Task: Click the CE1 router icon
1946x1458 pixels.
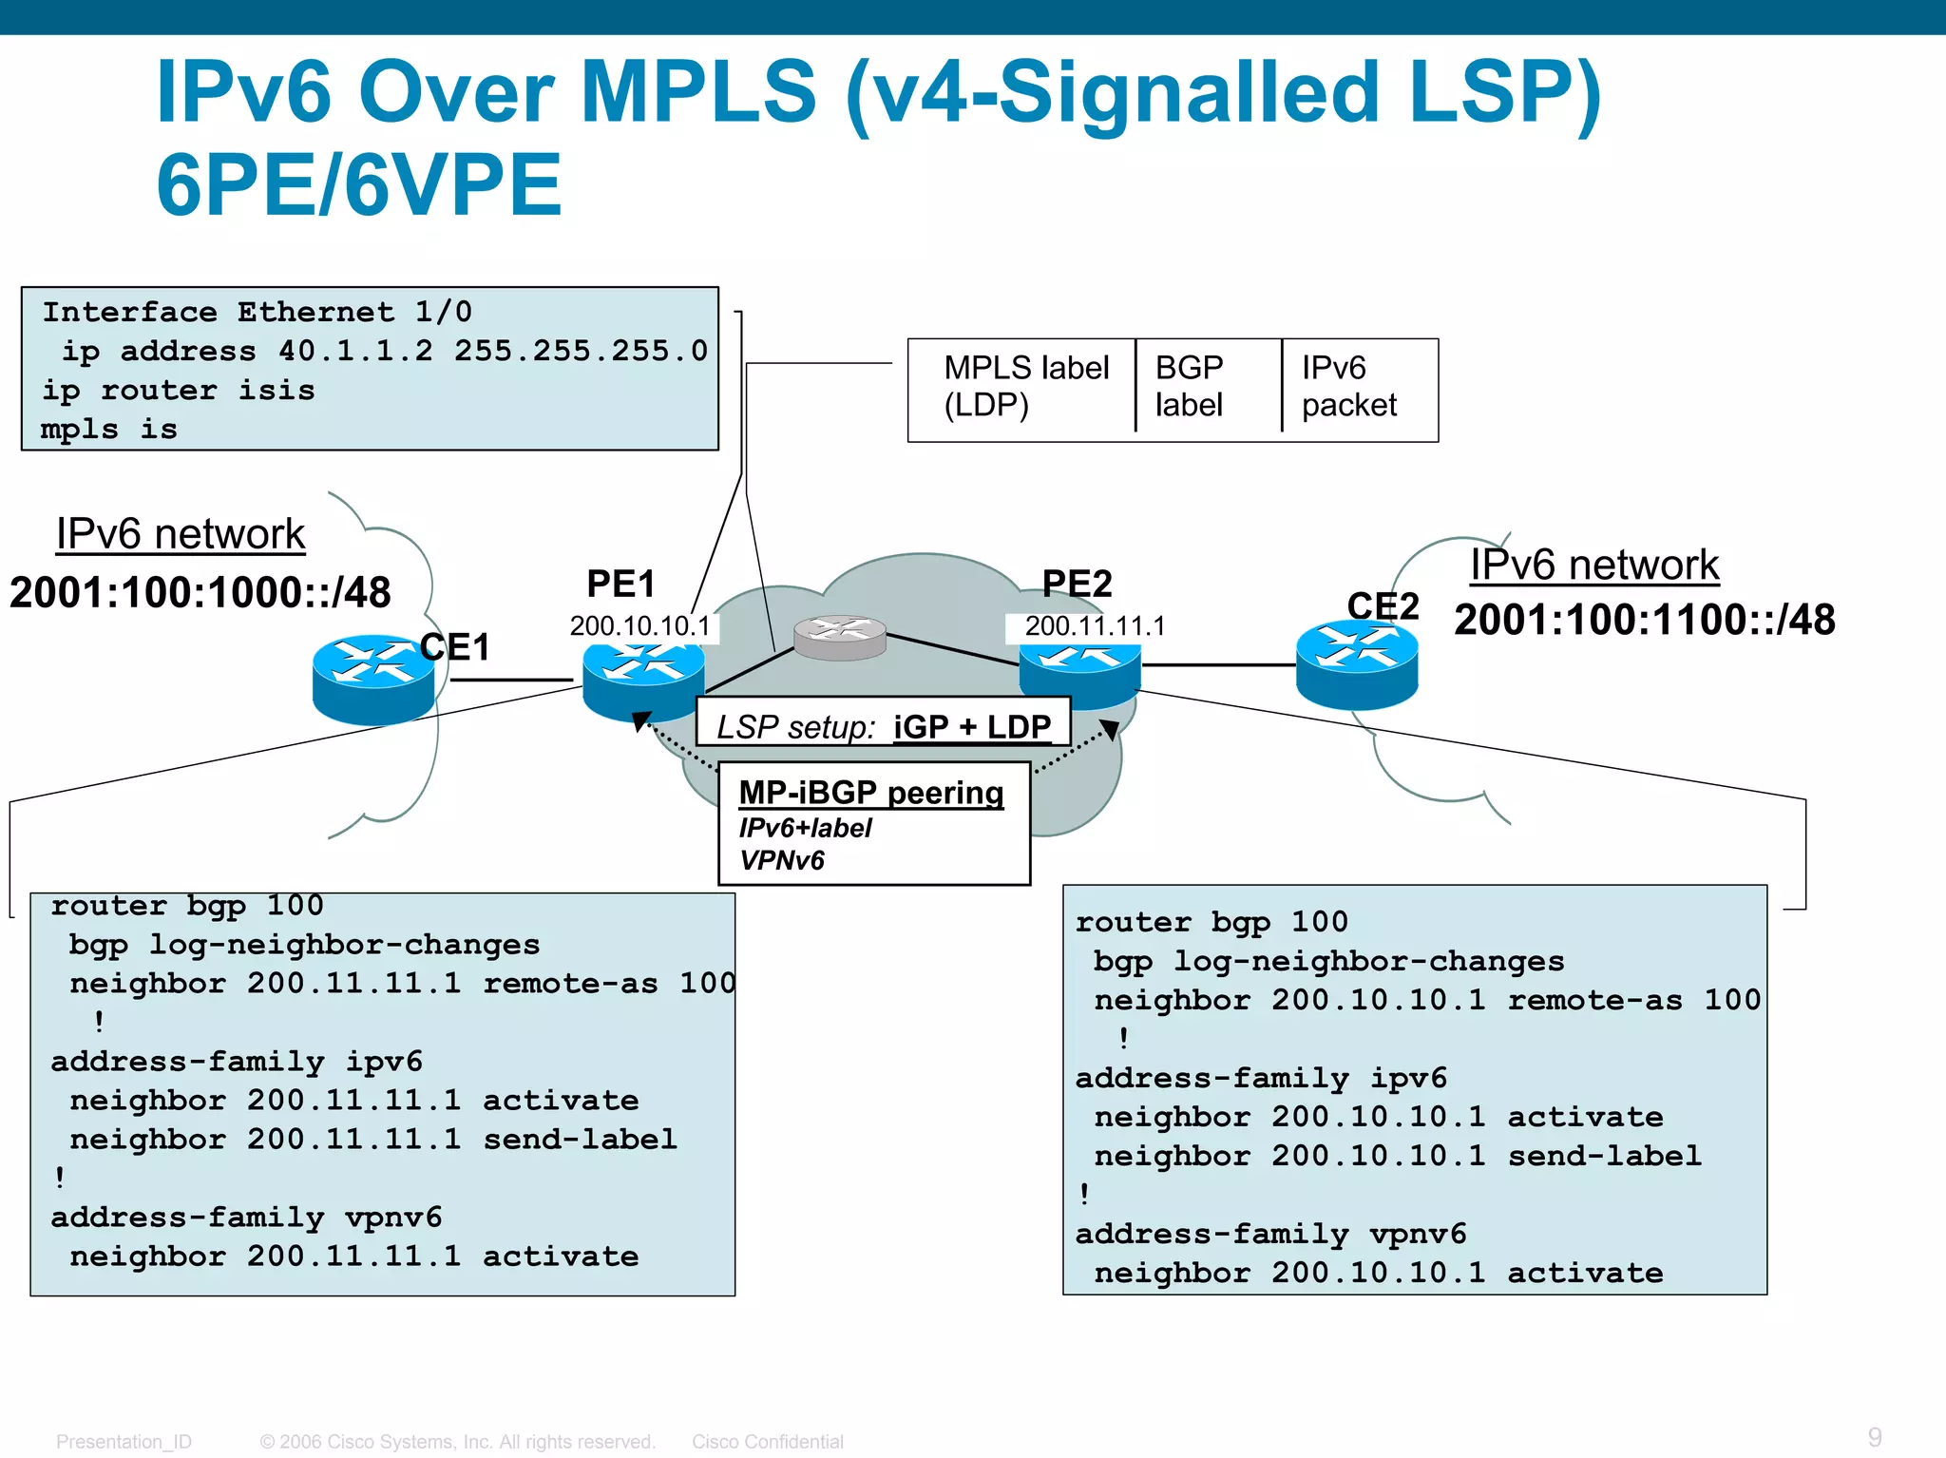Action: [x=372, y=679]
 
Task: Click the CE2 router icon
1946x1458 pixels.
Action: [x=1356, y=664]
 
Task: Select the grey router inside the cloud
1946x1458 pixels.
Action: [x=840, y=636]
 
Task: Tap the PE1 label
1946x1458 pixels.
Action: [x=620, y=584]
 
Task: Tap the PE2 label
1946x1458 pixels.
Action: [x=1077, y=584]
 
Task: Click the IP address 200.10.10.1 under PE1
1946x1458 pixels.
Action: [x=639, y=626]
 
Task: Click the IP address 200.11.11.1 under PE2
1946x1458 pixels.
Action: [x=1095, y=626]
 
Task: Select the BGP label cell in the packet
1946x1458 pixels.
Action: [x=1190, y=386]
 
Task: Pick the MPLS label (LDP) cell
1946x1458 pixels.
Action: [x=1025, y=386]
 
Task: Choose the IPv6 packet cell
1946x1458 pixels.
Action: [x=1348, y=386]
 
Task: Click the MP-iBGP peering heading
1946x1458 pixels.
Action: [x=871, y=793]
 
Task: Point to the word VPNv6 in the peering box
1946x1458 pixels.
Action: [x=782, y=861]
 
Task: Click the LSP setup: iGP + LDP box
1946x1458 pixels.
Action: [x=883, y=727]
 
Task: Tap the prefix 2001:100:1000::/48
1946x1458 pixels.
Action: [x=200, y=593]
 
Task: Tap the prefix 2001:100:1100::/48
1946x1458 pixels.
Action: [x=1644, y=620]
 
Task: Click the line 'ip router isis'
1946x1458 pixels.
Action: [x=179, y=391]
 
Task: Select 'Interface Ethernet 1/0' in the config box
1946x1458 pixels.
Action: [x=257, y=312]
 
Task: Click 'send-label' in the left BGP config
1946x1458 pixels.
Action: [x=580, y=1139]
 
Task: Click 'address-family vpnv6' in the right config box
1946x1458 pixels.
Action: [x=1270, y=1235]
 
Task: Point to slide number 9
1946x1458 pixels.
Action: [x=1874, y=1437]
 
